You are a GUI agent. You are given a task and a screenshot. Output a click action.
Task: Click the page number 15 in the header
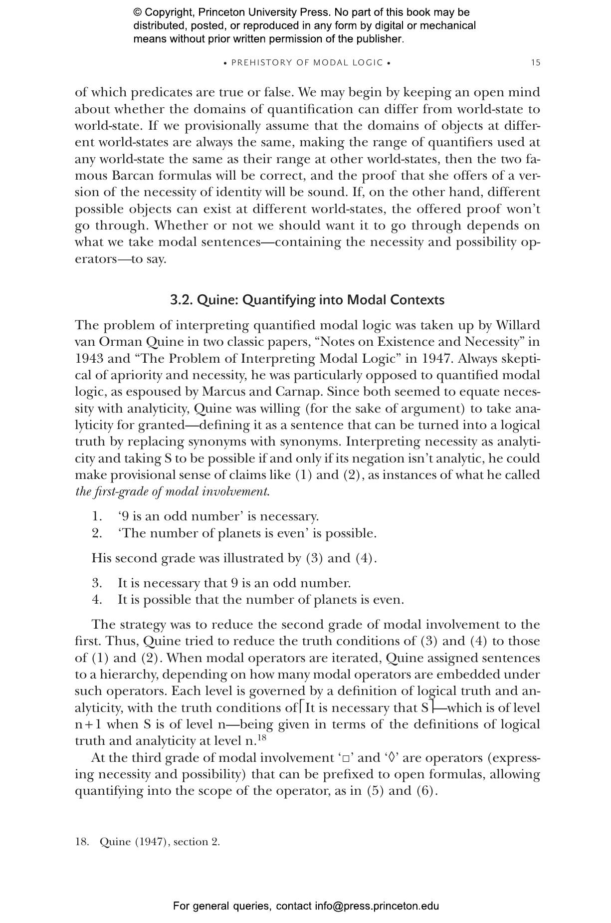[x=535, y=63]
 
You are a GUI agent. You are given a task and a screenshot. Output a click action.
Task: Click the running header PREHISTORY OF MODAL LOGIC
[x=307, y=63]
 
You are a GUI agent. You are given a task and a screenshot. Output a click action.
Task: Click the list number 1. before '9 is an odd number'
[x=97, y=516]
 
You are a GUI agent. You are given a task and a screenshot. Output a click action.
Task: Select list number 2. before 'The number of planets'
[x=97, y=533]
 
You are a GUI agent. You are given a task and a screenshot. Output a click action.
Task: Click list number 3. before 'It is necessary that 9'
[x=97, y=583]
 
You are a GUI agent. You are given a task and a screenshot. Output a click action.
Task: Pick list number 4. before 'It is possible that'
[x=97, y=600]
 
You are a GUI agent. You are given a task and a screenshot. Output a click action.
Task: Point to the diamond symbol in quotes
[x=392, y=758]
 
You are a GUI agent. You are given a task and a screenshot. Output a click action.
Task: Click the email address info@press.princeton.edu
[x=377, y=906]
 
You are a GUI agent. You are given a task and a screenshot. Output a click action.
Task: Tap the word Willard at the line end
[x=518, y=325]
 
